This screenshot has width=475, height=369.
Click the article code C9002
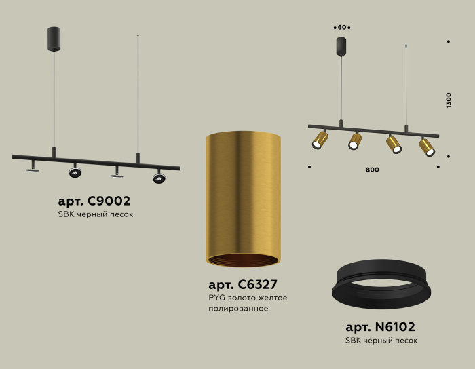tap(94, 201)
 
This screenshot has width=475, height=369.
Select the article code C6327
tap(243, 284)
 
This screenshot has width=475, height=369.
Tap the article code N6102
tap(381, 326)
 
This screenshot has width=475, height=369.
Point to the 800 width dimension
tap(372, 170)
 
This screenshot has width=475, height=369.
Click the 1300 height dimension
tap(449, 100)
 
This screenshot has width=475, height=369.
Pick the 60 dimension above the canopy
tap(342, 27)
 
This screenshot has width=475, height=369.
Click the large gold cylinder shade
tap(243, 194)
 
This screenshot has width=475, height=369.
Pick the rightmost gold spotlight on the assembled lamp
tap(427, 147)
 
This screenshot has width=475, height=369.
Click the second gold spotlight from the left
tap(355, 141)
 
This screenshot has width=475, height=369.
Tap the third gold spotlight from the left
tap(394, 144)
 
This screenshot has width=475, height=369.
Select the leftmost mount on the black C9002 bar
tap(33, 166)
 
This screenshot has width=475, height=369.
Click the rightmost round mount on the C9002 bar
tap(159, 178)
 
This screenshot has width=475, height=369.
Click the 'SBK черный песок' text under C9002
tap(95, 215)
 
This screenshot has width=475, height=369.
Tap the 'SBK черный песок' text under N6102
tap(381, 340)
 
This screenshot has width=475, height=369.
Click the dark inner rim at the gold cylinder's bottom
tap(243, 261)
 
